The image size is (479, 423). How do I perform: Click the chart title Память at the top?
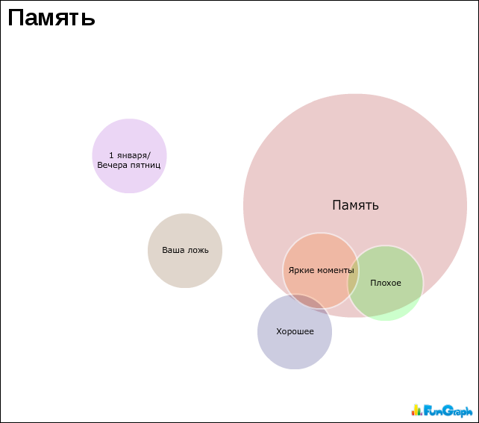51,17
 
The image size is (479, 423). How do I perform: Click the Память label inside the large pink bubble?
355,205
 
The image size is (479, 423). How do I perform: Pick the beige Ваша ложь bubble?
185,269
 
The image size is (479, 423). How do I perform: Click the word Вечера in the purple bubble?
113,164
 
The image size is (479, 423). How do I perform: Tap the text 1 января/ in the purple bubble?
129,155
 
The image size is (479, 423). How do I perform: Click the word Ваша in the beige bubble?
174,251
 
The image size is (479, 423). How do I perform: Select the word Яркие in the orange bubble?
300,270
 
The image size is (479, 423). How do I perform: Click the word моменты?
334,270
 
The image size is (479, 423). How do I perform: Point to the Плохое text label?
386,283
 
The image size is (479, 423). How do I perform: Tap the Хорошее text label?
295,332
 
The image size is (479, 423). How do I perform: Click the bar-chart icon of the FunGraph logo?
416,410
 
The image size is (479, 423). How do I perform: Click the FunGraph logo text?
448,410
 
